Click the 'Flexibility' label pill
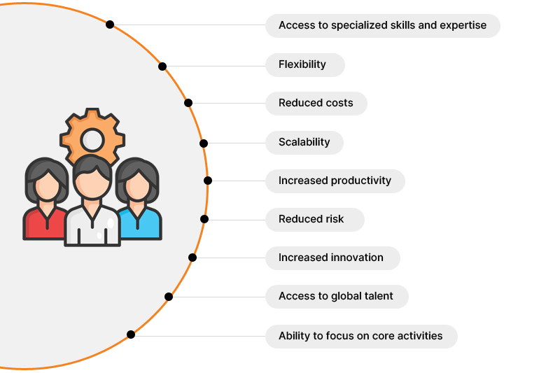tap(305, 65)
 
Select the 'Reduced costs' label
tap(316, 104)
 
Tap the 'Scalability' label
tap(304, 143)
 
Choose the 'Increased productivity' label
tap(335, 181)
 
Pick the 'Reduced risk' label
tap(314, 220)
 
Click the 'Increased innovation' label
tap(332, 258)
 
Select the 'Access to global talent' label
tap(337, 297)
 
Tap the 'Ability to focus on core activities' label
tap(361, 337)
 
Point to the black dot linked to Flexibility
tap(162, 66)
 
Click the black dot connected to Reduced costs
tap(188, 103)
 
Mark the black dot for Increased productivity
tap(208, 181)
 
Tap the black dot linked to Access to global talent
tap(169, 297)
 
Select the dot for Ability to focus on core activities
tap(131, 335)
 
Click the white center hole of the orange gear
tap(92, 140)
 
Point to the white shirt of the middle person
tap(92, 227)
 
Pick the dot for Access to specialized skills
tap(110, 24)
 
